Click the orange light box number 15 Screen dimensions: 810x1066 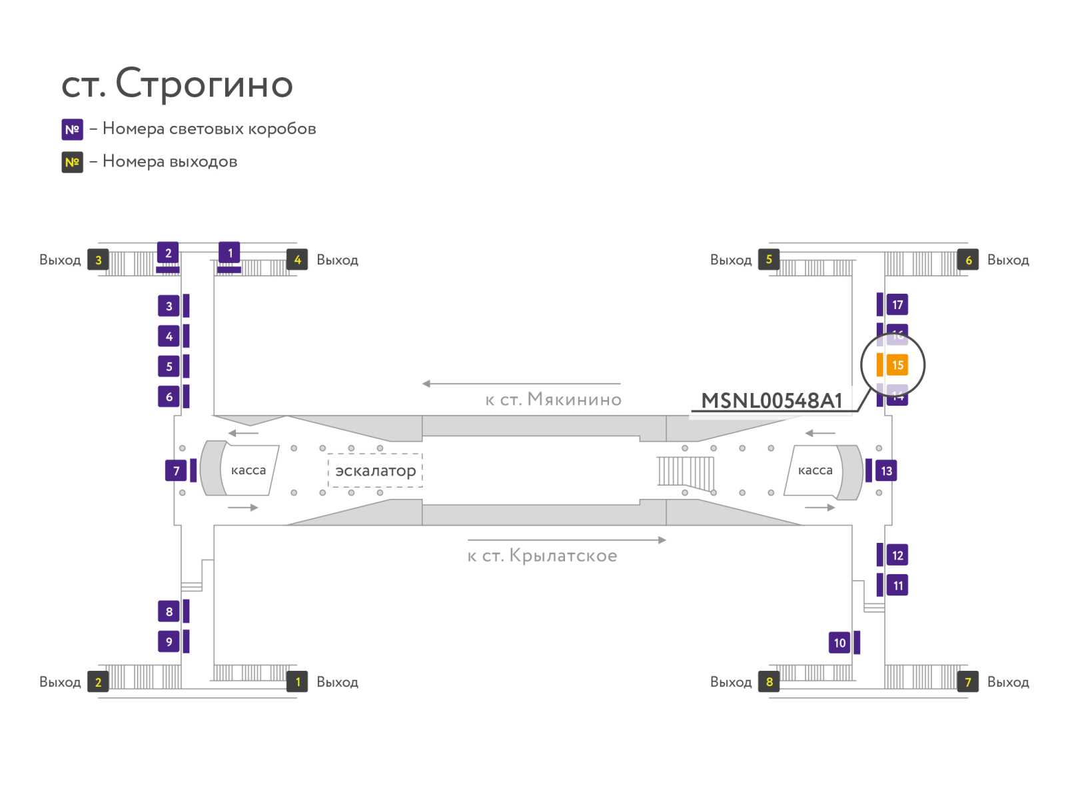[x=897, y=365]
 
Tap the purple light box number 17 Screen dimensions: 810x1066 [x=897, y=304]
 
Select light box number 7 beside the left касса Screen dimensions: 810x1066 [x=176, y=471]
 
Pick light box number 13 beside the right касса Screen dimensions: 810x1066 [x=886, y=471]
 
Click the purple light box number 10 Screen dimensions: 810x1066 [x=839, y=643]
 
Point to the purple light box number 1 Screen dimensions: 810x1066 [x=230, y=253]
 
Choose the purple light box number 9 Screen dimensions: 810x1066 [x=169, y=641]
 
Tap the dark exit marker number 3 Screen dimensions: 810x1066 [x=98, y=260]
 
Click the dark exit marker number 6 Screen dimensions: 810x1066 [x=968, y=260]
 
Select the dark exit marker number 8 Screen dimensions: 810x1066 [x=769, y=681]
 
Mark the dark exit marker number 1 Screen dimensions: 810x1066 [x=297, y=681]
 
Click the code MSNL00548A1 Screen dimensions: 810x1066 [x=772, y=400]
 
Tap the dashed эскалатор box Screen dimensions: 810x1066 [x=375, y=471]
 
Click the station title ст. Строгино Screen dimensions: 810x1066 [x=177, y=84]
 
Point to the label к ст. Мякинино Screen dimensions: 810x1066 [x=553, y=400]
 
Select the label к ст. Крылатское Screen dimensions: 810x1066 [x=542, y=556]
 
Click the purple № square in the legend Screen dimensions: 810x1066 [x=72, y=129]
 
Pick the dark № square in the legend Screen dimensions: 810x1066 [x=72, y=162]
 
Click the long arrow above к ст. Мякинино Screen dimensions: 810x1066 [x=521, y=384]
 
